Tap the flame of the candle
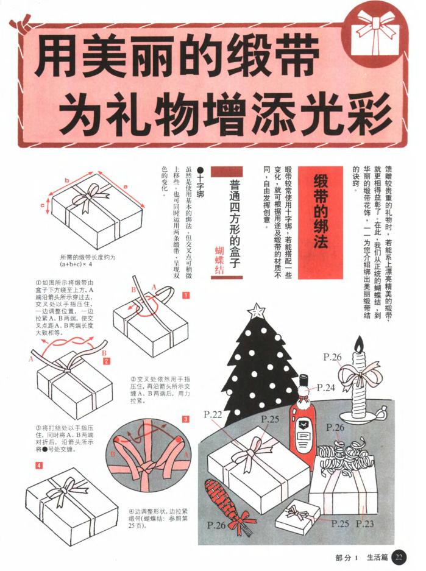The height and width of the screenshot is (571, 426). (359, 344)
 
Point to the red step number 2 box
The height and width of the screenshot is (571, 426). (106, 361)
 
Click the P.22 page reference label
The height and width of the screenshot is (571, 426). (213, 414)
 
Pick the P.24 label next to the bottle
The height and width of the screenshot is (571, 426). (325, 388)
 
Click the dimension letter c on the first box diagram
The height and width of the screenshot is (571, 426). (43, 206)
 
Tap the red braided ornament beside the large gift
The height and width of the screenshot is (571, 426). (222, 500)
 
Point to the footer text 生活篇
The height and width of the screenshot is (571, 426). (378, 557)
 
